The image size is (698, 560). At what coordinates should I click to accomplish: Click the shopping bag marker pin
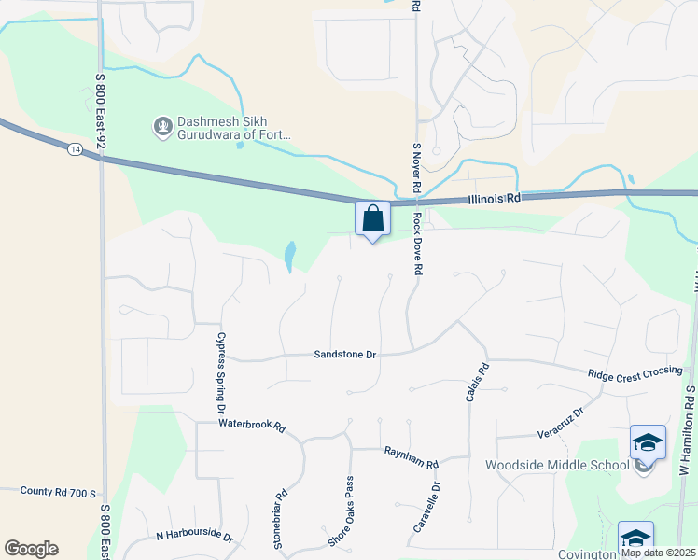(x=372, y=220)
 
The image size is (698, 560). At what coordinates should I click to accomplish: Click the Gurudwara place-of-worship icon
(x=162, y=124)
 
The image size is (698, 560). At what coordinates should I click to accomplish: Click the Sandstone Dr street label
(x=344, y=355)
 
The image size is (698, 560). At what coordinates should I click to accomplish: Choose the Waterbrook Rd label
(x=251, y=424)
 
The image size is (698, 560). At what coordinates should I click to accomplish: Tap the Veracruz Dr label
(x=560, y=423)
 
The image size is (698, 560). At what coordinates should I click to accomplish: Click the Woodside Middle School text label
(x=557, y=466)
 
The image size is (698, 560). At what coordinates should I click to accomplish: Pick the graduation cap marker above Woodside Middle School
(x=648, y=441)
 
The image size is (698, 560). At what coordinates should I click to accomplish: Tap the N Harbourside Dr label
(x=193, y=535)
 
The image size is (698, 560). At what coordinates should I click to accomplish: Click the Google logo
(x=31, y=549)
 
